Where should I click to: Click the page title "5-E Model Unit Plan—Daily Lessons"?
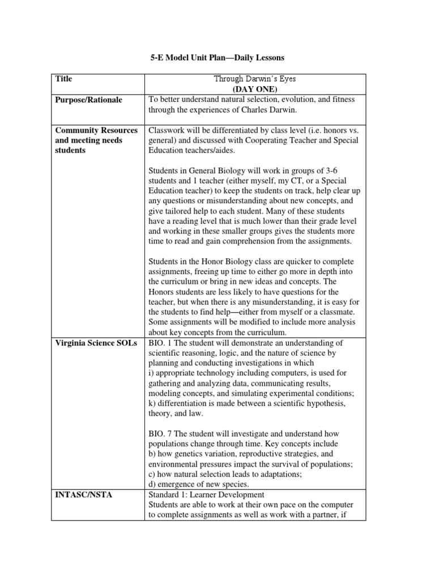216,58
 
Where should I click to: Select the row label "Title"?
64,79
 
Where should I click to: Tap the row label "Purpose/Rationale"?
89,100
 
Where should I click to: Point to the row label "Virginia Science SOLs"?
96,343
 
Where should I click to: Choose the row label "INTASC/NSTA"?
83,494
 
